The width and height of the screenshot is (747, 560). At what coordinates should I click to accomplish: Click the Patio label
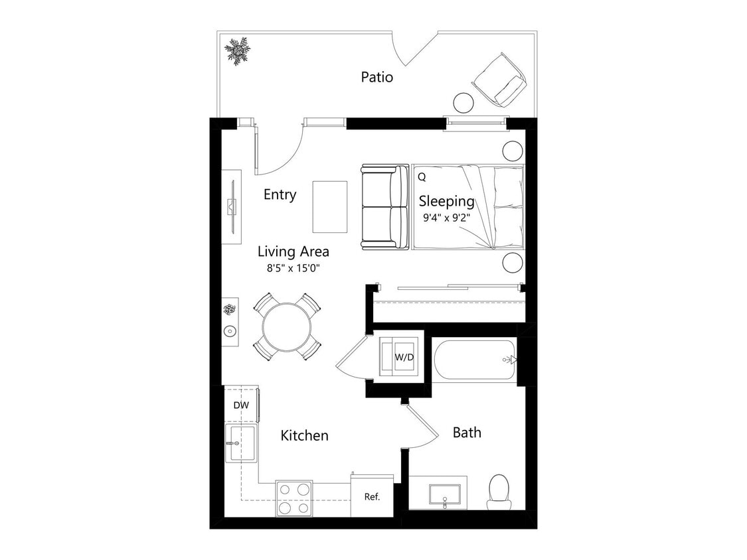pos(376,77)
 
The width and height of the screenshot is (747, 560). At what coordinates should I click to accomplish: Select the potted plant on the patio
pos(236,50)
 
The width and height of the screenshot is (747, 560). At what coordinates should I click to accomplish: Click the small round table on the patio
pos(463,103)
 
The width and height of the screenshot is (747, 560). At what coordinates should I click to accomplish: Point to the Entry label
pos(280,194)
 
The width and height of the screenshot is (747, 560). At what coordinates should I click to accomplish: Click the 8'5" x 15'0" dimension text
pos(293,269)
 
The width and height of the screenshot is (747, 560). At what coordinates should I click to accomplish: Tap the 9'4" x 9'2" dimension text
pos(446,217)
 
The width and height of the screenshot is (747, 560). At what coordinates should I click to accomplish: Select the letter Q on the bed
pos(422,177)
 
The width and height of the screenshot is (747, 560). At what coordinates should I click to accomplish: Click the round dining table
pos(287,326)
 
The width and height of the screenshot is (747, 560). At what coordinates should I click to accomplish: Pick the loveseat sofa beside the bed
pos(384,207)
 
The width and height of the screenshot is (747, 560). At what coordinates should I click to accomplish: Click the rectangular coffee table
pos(330,206)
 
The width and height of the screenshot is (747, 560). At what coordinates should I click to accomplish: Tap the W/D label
pos(404,357)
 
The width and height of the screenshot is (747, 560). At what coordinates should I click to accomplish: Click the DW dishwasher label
pos(240,405)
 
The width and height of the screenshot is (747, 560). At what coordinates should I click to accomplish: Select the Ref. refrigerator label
pos(372,496)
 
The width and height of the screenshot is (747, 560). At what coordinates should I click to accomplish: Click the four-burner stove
pos(294,498)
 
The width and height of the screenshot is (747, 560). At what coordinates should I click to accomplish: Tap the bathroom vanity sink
pos(444,494)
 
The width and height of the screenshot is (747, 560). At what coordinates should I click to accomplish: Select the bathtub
pos(475,360)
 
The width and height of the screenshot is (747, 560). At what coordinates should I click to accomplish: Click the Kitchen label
pos(304,435)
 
